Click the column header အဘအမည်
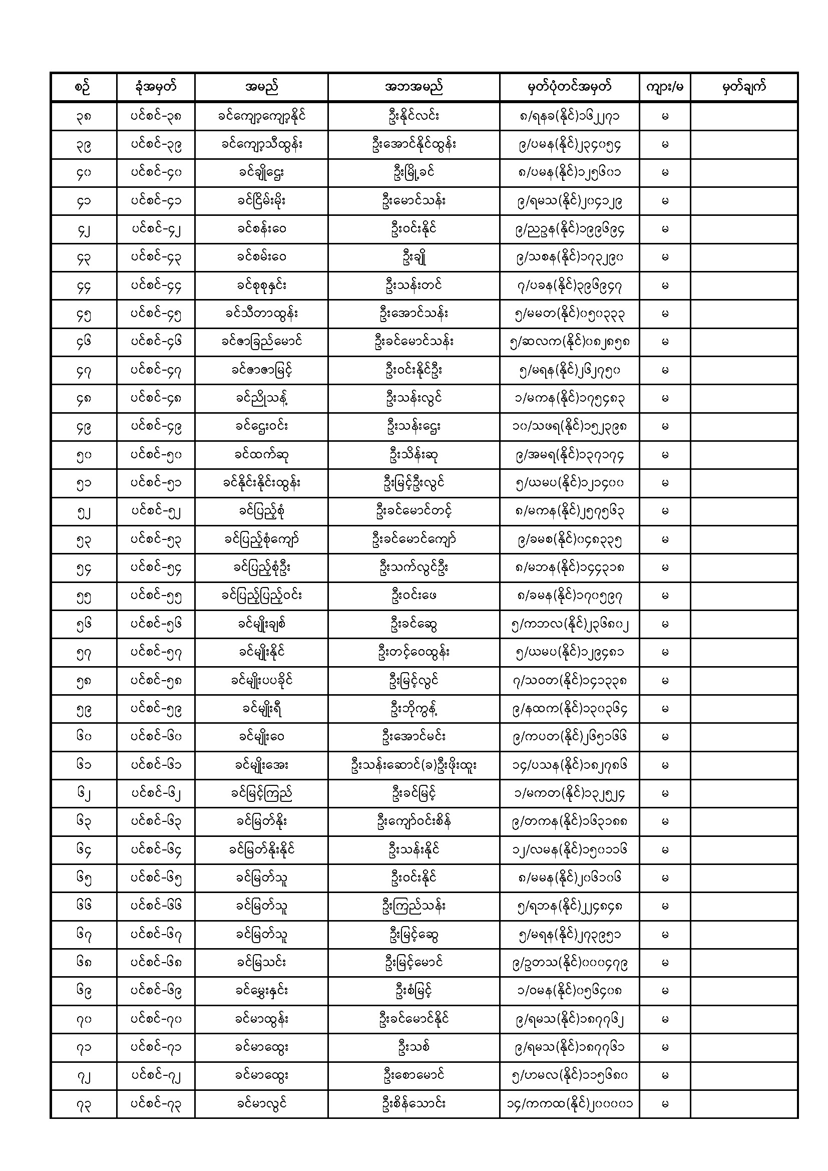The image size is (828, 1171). pos(413,87)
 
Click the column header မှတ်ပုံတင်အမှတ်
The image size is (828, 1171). pos(569,87)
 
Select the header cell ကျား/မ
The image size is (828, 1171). pos(664,87)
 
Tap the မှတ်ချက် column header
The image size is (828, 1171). pos(744,87)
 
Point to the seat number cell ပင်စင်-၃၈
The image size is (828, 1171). pos(156,116)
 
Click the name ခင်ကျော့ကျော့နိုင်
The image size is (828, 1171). pos(261,116)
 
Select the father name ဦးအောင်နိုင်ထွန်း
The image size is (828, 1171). pos(413,144)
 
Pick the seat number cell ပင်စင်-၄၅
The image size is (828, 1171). pos(156,314)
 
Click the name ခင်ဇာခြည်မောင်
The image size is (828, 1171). pos(261,342)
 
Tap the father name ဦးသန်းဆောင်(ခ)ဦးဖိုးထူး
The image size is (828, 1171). pos(413,765)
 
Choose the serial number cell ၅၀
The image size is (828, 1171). pos(84,455)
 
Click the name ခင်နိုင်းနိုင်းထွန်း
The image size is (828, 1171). pos(261,483)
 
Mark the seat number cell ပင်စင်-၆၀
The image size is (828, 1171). pos(156,737)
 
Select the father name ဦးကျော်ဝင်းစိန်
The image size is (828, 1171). pos(413,821)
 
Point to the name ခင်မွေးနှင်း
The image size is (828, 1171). pos(261,991)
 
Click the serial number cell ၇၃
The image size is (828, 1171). pos(84,1104)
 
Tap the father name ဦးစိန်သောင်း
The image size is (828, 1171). pos(413,1104)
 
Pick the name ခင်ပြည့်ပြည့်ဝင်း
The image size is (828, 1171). pos(261,596)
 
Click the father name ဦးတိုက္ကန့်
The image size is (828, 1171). pos(413,709)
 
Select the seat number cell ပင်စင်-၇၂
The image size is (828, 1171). pos(156,1076)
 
